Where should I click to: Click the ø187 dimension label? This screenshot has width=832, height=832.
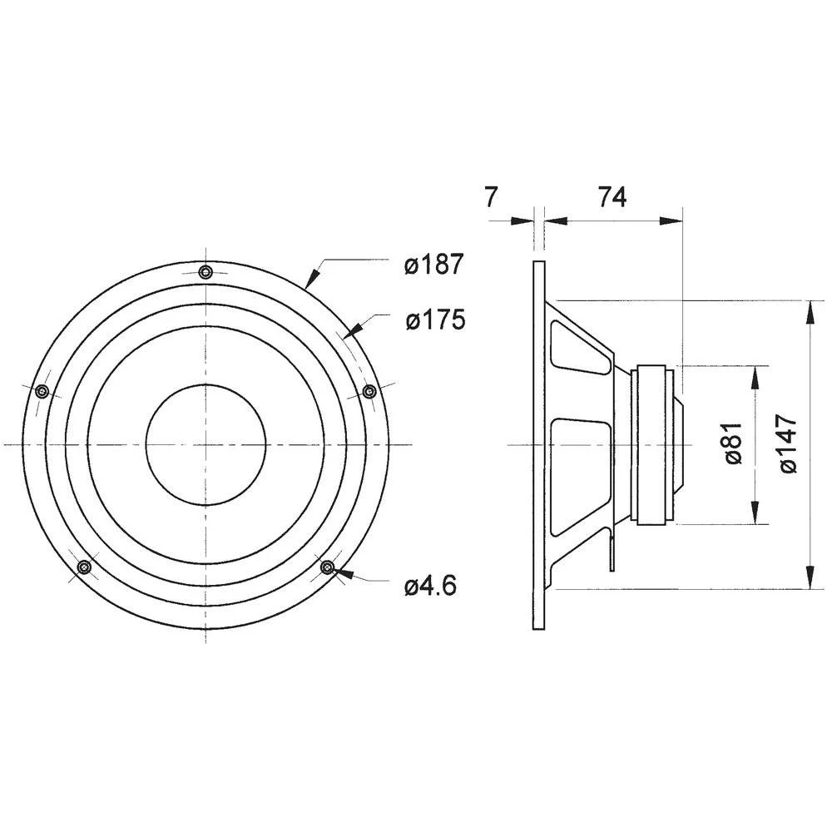click(433, 265)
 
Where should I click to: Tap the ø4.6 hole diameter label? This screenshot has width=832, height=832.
click(430, 586)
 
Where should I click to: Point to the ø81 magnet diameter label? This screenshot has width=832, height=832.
click(732, 444)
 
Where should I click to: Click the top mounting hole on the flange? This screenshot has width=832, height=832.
click(206, 271)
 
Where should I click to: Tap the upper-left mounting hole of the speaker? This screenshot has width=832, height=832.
click(43, 391)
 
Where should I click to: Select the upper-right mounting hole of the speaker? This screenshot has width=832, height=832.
click(369, 391)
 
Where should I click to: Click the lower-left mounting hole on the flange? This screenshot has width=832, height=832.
click(83, 567)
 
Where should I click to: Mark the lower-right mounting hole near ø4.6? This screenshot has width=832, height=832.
click(328, 567)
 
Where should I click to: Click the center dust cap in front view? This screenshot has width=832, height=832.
click(206, 444)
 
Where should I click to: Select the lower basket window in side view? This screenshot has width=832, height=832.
click(579, 474)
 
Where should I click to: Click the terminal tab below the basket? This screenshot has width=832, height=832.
click(612, 552)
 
